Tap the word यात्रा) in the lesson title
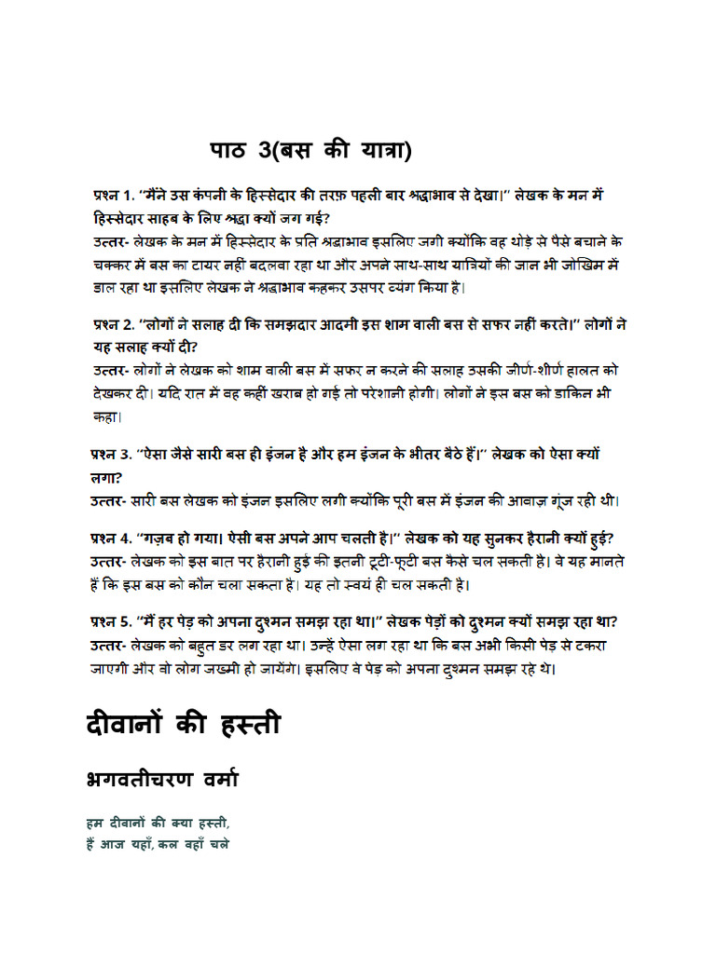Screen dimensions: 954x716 tap(379, 151)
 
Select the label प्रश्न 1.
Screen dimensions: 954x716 tap(112, 197)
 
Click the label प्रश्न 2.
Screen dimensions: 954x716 tap(112, 326)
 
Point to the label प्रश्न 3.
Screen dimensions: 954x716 tap(112, 456)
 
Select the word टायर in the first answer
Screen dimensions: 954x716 tap(215, 265)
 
